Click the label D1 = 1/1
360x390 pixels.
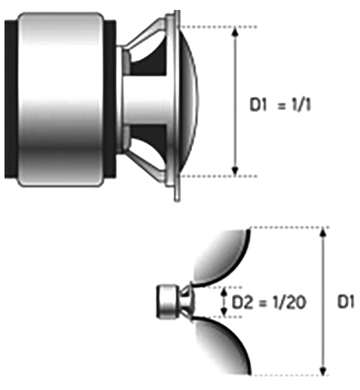[x=280, y=105]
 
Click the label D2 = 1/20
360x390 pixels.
[x=269, y=303]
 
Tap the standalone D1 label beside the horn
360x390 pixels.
[x=346, y=302]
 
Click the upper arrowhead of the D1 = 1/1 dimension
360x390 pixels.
[x=236, y=31]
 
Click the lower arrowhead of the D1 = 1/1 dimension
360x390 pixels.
[x=236, y=171]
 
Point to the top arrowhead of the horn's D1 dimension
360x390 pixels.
[x=323, y=232]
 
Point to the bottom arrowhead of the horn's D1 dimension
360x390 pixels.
[x=323, y=370]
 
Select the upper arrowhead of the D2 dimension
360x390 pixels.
[x=223, y=291]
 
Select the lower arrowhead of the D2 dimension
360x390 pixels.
[x=223, y=313]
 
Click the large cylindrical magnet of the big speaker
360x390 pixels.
[x=60, y=100]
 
